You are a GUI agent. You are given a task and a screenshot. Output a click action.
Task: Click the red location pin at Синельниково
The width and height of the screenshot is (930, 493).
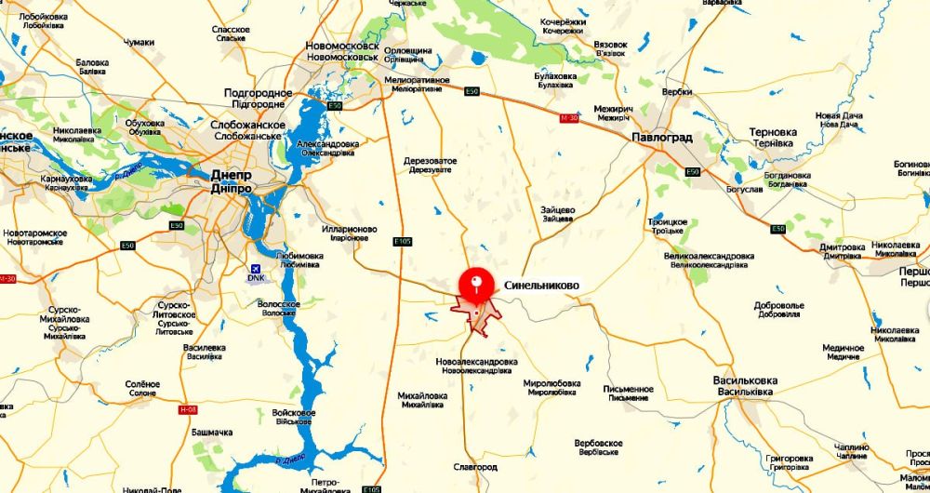pyautogui.click(x=477, y=281)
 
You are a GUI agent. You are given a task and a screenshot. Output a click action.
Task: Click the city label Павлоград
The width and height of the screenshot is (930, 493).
pyautogui.click(x=661, y=138)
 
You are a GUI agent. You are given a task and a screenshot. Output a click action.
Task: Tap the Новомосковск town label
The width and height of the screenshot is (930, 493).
pyautogui.click(x=342, y=46)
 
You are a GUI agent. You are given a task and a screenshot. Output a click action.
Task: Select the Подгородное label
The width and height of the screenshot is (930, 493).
pyautogui.click(x=258, y=93)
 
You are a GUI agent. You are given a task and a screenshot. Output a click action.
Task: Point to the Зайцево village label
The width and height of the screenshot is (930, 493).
pyautogui.click(x=557, y=209)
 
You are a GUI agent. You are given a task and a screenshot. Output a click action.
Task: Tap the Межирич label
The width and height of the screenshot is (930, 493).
pyautogui.click(x=613, y=108)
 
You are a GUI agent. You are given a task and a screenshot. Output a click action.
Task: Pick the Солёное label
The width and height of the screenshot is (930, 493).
pyautogui.click(x=142, y=383)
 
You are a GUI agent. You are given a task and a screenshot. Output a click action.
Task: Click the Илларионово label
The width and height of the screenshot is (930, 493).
pyautogui.click(x=351, y=229)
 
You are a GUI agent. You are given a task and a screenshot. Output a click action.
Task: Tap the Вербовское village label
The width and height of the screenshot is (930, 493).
pyautogui.click(x=598, y=444)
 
